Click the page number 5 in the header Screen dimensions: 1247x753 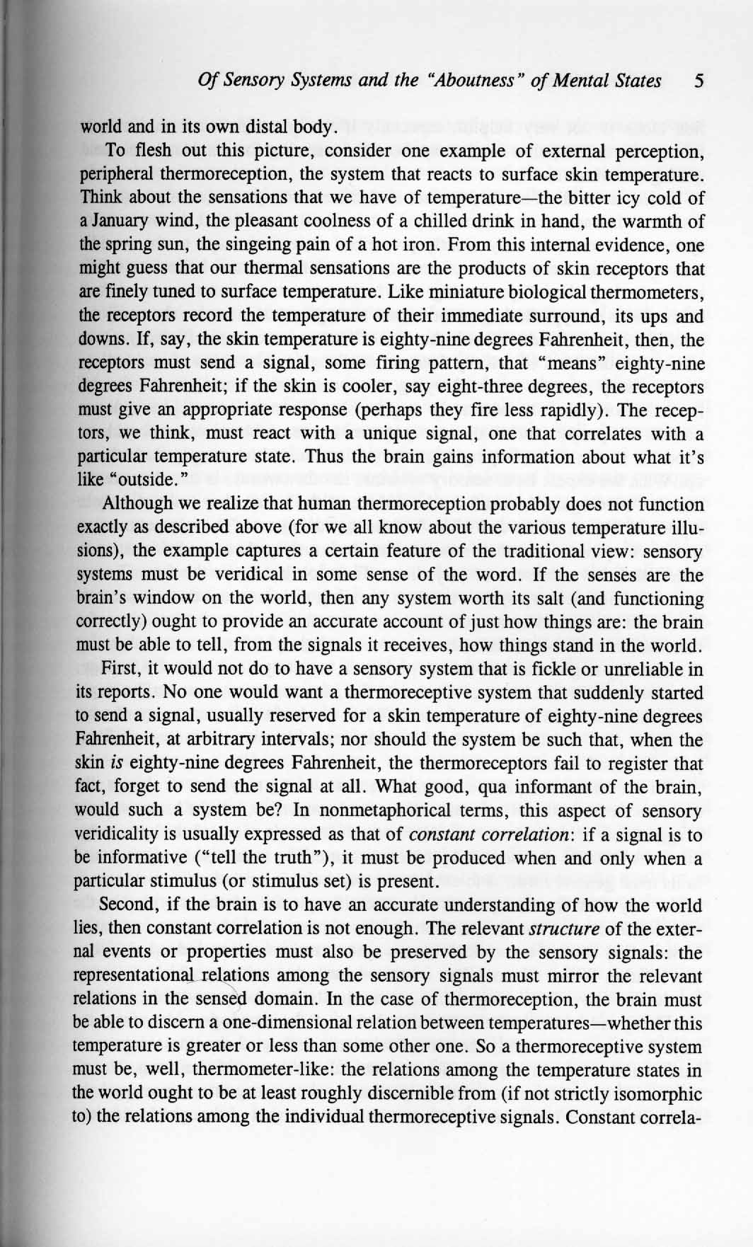699,81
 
